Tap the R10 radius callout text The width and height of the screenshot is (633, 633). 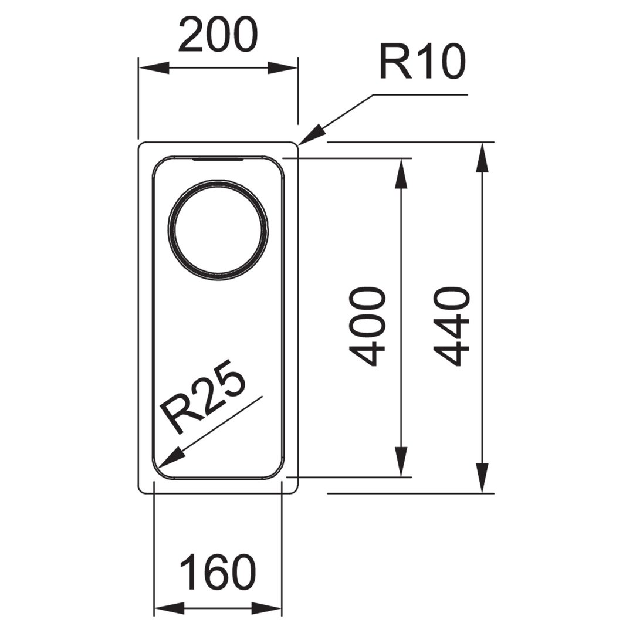click(422, 62)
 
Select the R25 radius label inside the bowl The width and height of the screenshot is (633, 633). click(202, 397)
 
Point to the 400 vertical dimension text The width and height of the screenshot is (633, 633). click(365, 327)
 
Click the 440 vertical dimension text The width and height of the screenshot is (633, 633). click(452, 327)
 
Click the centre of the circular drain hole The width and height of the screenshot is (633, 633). click(218, 230)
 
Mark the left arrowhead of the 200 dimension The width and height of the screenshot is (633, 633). click(154, 68)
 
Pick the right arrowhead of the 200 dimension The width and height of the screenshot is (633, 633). click(283, 68)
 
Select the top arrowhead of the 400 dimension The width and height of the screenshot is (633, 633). click(401, 173)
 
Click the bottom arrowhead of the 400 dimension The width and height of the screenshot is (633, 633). click(401, 462)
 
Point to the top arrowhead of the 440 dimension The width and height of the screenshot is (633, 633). click(482, 158)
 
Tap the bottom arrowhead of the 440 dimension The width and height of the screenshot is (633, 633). click(482, 478)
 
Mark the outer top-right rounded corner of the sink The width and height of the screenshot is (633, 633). click(294, 145)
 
